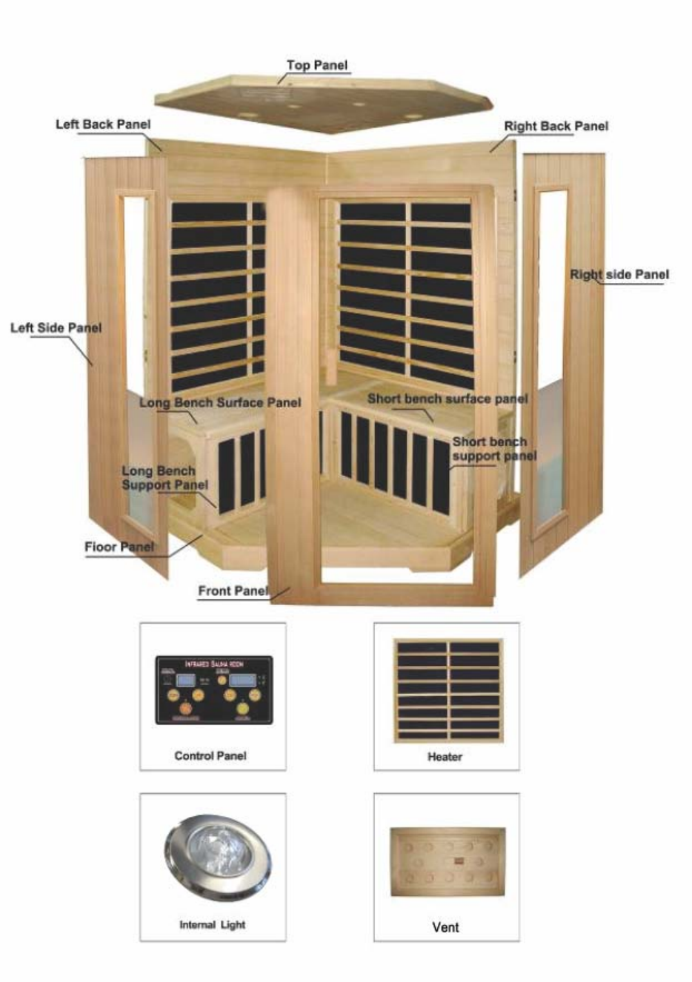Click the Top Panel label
(x=316, y=65)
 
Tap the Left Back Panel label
(x=103, y=124)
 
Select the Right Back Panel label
(x=556, y=126)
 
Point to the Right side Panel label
(x=619, y=275)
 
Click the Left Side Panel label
(x=56, y=327)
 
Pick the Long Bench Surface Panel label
(x=220, y=403)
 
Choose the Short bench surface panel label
(x=448, y=398)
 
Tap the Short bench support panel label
(x=493, y=449)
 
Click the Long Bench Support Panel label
(x=164, y=478)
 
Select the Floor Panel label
(x=119, y=547)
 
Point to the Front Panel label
(x=233, y=591)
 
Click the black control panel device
(x=213, y=689)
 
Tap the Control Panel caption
(x=210, y=755)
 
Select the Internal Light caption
(x=212, y=924)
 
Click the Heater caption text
(x=445, y=757)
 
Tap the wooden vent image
(x=448, y=862)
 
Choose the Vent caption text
(x=445, y=926)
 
